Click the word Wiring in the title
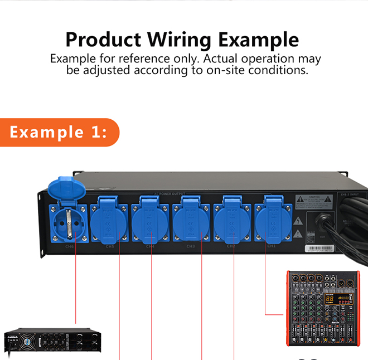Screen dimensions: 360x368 click(180, 40)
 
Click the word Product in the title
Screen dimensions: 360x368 click(103, 40)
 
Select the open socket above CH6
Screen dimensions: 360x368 click(69, 223)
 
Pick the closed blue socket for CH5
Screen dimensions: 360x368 click(110, 222)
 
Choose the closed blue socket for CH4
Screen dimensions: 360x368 click(151, 222)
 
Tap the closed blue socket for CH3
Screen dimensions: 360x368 click(191, 222)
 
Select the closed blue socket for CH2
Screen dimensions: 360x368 click(232, 222)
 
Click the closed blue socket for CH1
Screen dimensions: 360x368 click(273, 222)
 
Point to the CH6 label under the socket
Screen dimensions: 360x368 click(69, 246)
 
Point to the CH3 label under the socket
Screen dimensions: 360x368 click(191, 246)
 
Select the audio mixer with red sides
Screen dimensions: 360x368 click(322, 308)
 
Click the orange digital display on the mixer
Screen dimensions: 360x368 click(331, 299)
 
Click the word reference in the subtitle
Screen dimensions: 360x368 click(157, 59)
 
